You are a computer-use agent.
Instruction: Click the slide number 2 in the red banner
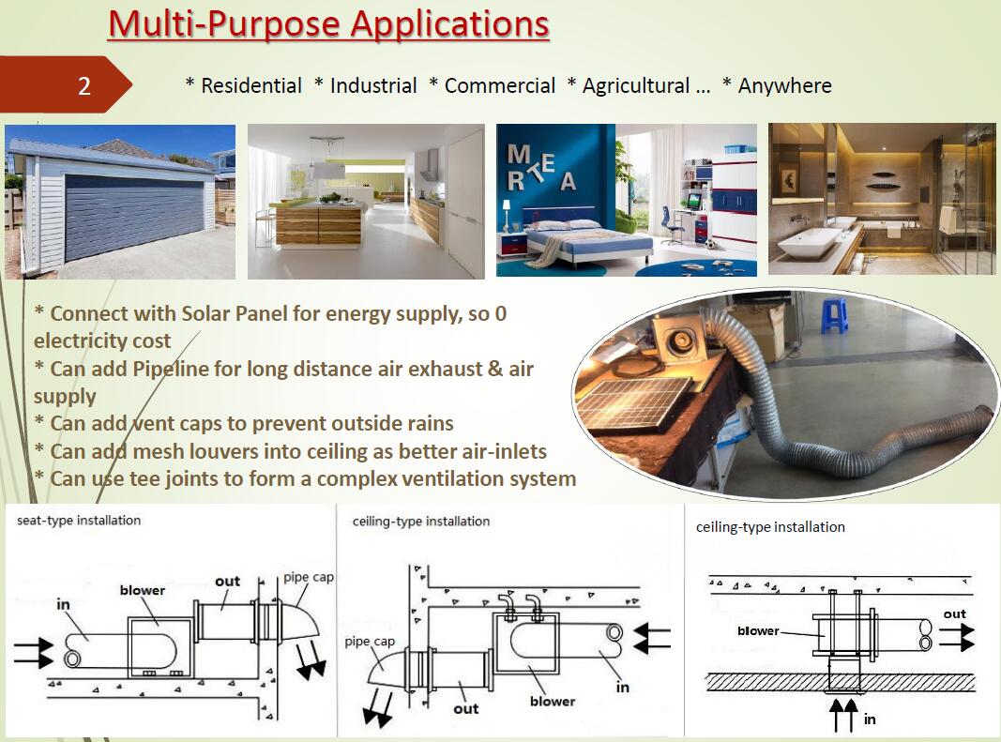point(84,85)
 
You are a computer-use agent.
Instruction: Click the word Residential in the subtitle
point(251,85)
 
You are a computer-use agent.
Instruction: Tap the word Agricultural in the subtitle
point(636,85)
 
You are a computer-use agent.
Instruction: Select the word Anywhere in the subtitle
point(784,85)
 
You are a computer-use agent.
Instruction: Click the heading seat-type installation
point(79,521)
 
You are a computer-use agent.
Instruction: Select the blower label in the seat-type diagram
point(143,590)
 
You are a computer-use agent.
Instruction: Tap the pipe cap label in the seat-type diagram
point(309,577)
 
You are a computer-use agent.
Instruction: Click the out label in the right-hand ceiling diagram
point(955,613)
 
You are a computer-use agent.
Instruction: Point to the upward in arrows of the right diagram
point(843,715)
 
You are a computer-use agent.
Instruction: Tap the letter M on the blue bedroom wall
point(519,153)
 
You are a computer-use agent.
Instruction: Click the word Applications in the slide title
point(449,24)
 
